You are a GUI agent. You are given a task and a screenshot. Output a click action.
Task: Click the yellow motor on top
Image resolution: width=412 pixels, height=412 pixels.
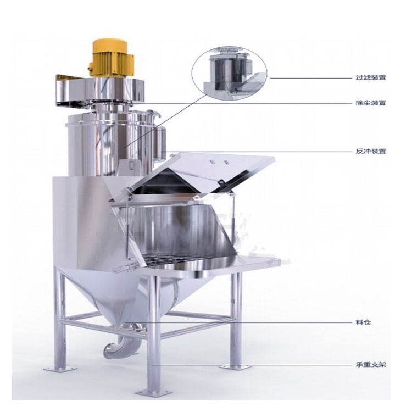click(112, 58)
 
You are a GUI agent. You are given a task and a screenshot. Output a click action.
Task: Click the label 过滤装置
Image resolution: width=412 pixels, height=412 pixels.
click(371, 78)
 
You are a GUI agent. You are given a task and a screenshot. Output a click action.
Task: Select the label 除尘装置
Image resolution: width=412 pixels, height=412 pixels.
click(371, 103)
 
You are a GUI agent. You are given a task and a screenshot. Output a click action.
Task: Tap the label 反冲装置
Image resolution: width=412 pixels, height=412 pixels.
click(371, 152)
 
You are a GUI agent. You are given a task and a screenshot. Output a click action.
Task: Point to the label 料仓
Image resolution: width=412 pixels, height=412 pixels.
click(363, 322)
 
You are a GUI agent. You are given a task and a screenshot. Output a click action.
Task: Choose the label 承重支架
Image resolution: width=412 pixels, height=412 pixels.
click(371, 365)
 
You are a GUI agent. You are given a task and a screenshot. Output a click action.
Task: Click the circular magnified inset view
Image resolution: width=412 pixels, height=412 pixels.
click(230, 73)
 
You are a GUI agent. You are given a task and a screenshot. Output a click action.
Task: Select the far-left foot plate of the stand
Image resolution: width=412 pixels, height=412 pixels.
click(60, 369)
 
